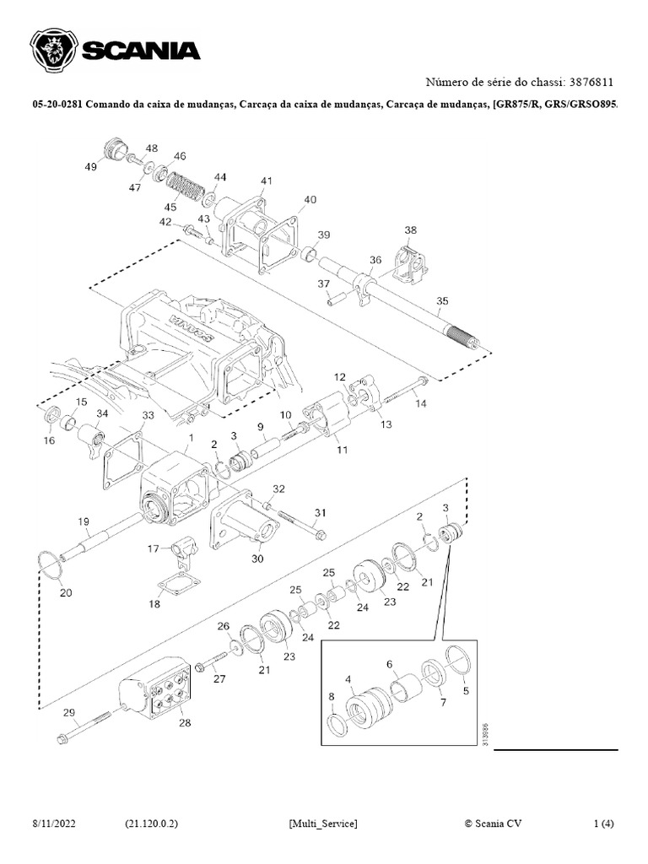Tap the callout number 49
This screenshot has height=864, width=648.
[x=90, y=167]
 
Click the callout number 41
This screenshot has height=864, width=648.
[x=267, y=181]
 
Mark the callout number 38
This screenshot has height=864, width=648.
[x=411, y=230]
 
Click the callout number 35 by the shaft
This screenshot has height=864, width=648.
[x=442, y=300]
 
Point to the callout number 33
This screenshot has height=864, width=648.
[x=148, y=416]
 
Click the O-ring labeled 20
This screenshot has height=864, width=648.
[x=52, y=564]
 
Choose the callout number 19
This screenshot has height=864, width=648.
[x=84, y=521]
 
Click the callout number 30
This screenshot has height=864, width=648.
[x=256, y=559]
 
